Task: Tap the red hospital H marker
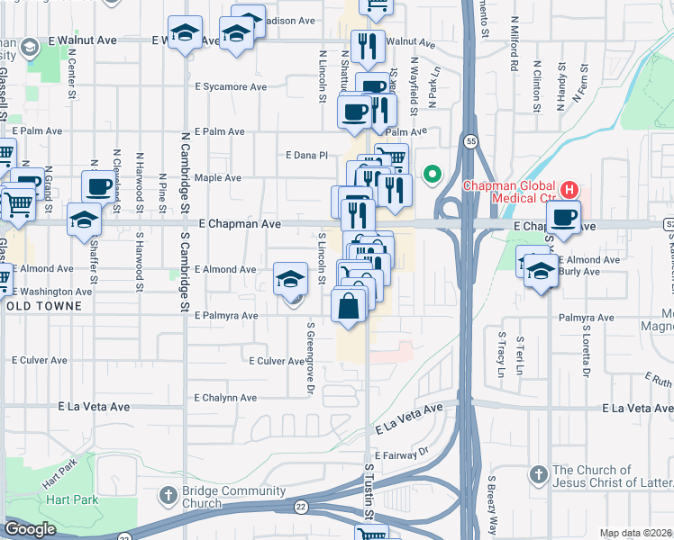569,190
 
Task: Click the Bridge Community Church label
226,497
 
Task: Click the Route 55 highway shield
470,141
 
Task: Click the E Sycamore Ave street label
232,87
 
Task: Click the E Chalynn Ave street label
225,398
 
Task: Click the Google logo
30,529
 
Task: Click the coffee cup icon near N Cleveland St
99,186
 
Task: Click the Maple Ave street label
218,178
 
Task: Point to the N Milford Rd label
515,55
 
